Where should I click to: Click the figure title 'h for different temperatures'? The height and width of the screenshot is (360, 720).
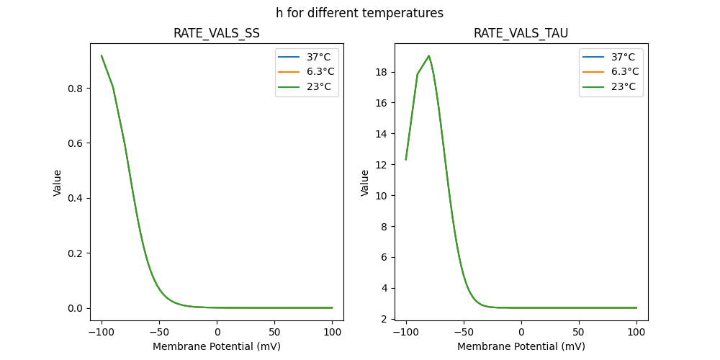pos(359,13)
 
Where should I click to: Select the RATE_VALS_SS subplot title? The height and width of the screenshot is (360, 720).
pos(217,33)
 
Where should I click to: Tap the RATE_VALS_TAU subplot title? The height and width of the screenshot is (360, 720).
pos(521,33)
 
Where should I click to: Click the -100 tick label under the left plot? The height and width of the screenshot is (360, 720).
pos(101,332)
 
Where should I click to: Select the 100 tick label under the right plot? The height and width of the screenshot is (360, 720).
pos(636,332)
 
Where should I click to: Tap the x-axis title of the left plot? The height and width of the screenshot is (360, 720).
pos(217,346)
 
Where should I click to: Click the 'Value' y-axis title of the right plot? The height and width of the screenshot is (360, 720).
pos(365,183)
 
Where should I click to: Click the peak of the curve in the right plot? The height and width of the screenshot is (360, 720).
pos(429,55)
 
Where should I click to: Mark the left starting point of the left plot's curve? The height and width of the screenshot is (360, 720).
pos(102,55)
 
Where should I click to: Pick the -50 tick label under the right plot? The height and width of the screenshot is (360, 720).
pos(464,332)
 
